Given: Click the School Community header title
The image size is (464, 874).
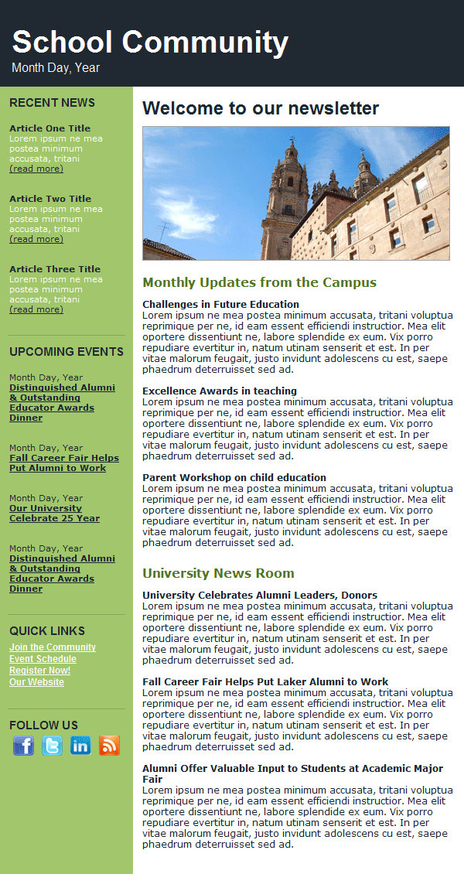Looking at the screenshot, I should coord(150,43).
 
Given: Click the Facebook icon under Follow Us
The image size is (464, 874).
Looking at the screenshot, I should coord(24,746).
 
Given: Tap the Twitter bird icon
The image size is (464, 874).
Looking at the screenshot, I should coord(53,746).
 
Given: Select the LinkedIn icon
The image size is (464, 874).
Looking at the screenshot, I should coord(80,746).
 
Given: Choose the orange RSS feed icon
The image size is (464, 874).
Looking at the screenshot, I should coord(109,746).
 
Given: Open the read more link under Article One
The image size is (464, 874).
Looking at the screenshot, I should coord(36,169).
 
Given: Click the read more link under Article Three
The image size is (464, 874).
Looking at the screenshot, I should coord(36,309).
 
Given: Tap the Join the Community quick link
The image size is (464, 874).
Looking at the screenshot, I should coord(53,647).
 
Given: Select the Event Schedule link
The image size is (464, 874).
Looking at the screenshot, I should coord(43,659).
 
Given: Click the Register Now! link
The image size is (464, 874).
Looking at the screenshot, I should coord(39,671).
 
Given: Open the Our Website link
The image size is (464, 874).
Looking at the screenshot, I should coord(36,682).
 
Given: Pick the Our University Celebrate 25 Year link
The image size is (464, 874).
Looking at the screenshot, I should coord(54,514).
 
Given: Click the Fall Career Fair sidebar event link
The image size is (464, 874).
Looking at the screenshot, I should coord(64,463).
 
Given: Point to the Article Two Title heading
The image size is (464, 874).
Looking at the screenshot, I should coord(50,199).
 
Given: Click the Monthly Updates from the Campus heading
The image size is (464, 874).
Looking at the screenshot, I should coord(259,282).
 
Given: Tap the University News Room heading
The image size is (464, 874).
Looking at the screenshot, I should coord(218,573).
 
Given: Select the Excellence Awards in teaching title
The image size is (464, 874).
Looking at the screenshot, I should coord(220,391).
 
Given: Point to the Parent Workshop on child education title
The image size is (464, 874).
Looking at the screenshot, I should coord(234,478).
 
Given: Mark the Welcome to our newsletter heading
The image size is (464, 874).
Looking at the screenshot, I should coord(261,108).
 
